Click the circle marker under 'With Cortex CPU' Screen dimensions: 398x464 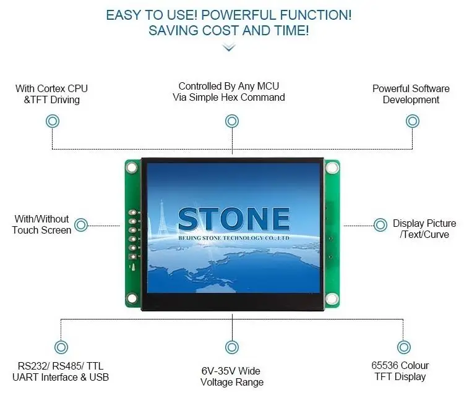(53, 122)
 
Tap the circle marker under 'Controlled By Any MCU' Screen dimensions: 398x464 (231, 121)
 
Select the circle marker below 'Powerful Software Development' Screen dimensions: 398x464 (412, 121)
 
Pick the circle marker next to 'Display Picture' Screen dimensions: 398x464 (380, 224)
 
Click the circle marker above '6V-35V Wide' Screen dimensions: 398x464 (231, 347)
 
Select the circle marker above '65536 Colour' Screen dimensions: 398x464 (403, 347)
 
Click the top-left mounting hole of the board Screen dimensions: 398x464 (131, 167)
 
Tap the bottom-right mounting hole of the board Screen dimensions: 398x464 (332, 300)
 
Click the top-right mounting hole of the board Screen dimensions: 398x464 (332, 167)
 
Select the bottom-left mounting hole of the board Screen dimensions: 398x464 (131, 300)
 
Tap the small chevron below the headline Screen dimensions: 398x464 (229, 47)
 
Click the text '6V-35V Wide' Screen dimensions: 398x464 (231, 371)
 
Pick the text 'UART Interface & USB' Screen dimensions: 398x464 (61, 377)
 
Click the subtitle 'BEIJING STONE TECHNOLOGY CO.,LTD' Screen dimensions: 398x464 (234, 237)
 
